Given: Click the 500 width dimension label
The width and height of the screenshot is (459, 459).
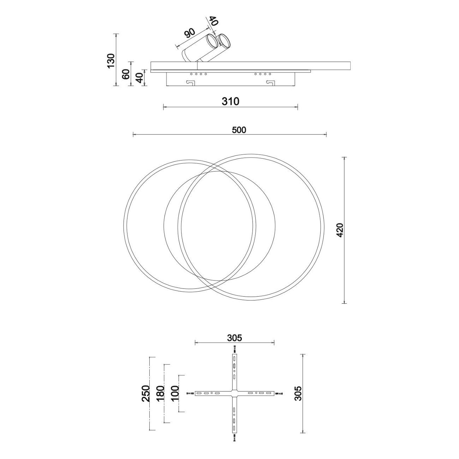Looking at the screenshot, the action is coord(239,130).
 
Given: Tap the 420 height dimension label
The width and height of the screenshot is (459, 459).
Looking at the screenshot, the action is coord(340,230).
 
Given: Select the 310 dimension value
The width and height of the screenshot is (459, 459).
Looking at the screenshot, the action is coord(231,101).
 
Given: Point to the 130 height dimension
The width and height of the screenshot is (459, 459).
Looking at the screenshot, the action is coord(111,61).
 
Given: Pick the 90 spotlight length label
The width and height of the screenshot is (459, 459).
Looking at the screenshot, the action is coord(190,33).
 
